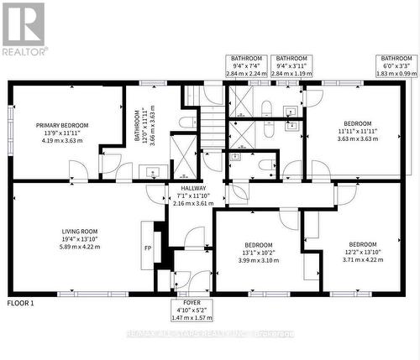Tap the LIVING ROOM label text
click(80, 231)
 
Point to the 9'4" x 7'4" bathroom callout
click(248, 65)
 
